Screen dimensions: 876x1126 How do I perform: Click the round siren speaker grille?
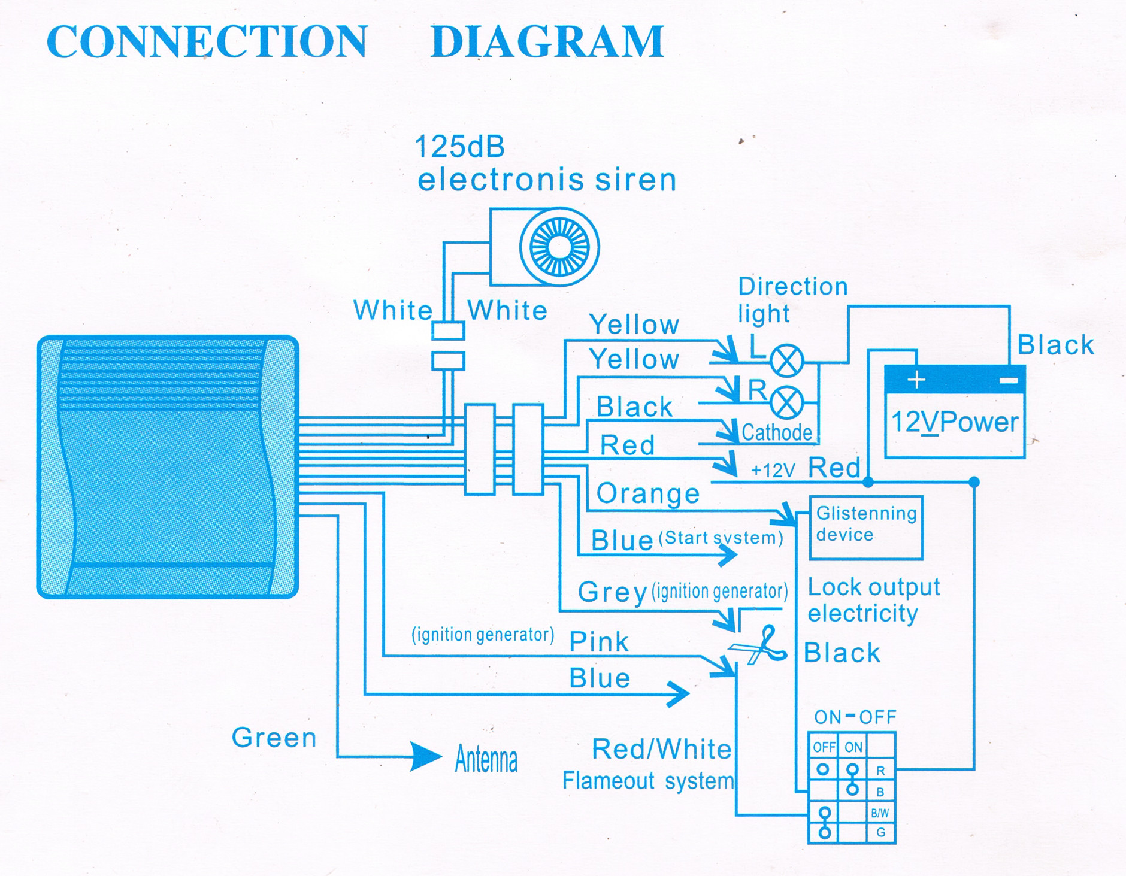559,246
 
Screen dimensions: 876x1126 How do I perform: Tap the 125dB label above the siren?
459,147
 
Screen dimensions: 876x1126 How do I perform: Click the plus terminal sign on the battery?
916,380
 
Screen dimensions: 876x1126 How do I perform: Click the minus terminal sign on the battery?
1009,380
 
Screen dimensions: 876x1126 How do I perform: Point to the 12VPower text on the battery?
955,423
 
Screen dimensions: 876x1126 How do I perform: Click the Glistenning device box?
865,528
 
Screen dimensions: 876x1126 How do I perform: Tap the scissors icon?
759,645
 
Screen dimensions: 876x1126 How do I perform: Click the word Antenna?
486,759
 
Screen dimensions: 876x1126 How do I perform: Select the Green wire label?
274,738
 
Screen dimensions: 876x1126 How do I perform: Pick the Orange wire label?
648,493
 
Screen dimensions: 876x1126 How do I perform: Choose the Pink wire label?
599,642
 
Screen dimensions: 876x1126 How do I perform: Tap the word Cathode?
777,432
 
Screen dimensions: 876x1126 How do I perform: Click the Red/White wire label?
662,749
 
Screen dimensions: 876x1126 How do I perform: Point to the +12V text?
773,471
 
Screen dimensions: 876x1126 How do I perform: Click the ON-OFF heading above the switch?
855,717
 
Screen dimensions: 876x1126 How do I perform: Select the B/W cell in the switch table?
880,813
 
